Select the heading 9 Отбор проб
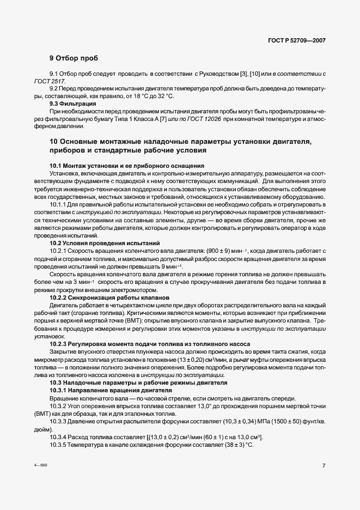pyautogui.click(x=74, y=58)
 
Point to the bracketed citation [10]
pyautogui.click(x=253, y=74)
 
